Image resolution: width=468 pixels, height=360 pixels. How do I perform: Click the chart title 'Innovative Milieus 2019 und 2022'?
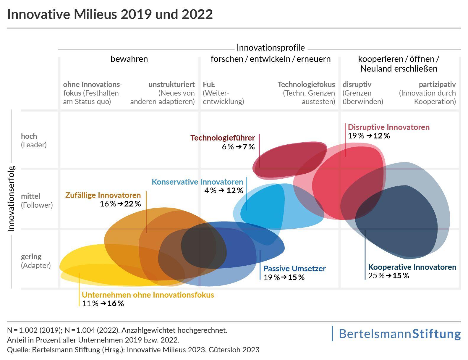tap(110, 14)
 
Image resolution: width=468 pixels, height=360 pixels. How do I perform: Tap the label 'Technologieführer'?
tap(222, 138)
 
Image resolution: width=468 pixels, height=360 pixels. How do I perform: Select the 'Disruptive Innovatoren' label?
tap(388, 127)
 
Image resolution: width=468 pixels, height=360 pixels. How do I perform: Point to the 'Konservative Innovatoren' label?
tap(197, 182)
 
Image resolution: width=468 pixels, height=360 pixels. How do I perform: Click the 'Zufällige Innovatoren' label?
tap(103, 195)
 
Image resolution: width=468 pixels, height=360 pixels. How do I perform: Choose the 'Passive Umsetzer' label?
tap(294, 269)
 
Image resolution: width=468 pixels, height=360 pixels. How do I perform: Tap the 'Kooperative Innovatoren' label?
tap(412, 267)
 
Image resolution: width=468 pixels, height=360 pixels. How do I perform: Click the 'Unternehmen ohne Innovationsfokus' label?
tap(148, 295)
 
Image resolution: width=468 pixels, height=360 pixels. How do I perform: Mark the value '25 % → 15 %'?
tap(388, 276)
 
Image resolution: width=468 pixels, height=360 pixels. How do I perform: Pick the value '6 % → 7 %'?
tap(238, 147)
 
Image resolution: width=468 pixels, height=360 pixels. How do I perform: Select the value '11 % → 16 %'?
tap(103, 304)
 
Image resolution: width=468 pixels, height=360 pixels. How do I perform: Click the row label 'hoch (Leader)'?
tap(34, 141)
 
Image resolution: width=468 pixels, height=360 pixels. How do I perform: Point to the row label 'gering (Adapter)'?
tap(36, 261)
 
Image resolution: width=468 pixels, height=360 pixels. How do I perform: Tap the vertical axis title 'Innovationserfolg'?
tap(11, 198)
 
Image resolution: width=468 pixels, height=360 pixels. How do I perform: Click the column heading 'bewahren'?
tap(129, 59)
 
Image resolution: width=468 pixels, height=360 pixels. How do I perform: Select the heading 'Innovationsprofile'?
tap(271, 48)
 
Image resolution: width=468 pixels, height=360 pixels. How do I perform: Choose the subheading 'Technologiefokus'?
tap(306, 85)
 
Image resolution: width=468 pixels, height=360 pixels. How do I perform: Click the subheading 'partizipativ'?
tap(437, 85)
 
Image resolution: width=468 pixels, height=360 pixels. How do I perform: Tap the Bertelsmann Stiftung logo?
tap(399, 334)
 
